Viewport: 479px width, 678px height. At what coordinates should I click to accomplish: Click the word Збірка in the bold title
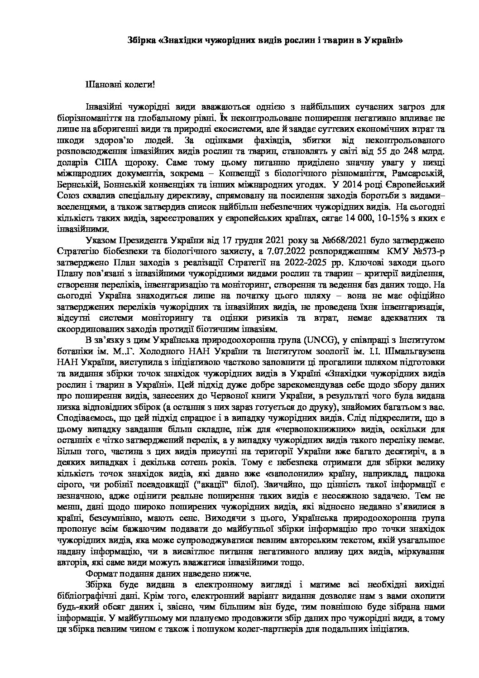coord(141,40)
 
